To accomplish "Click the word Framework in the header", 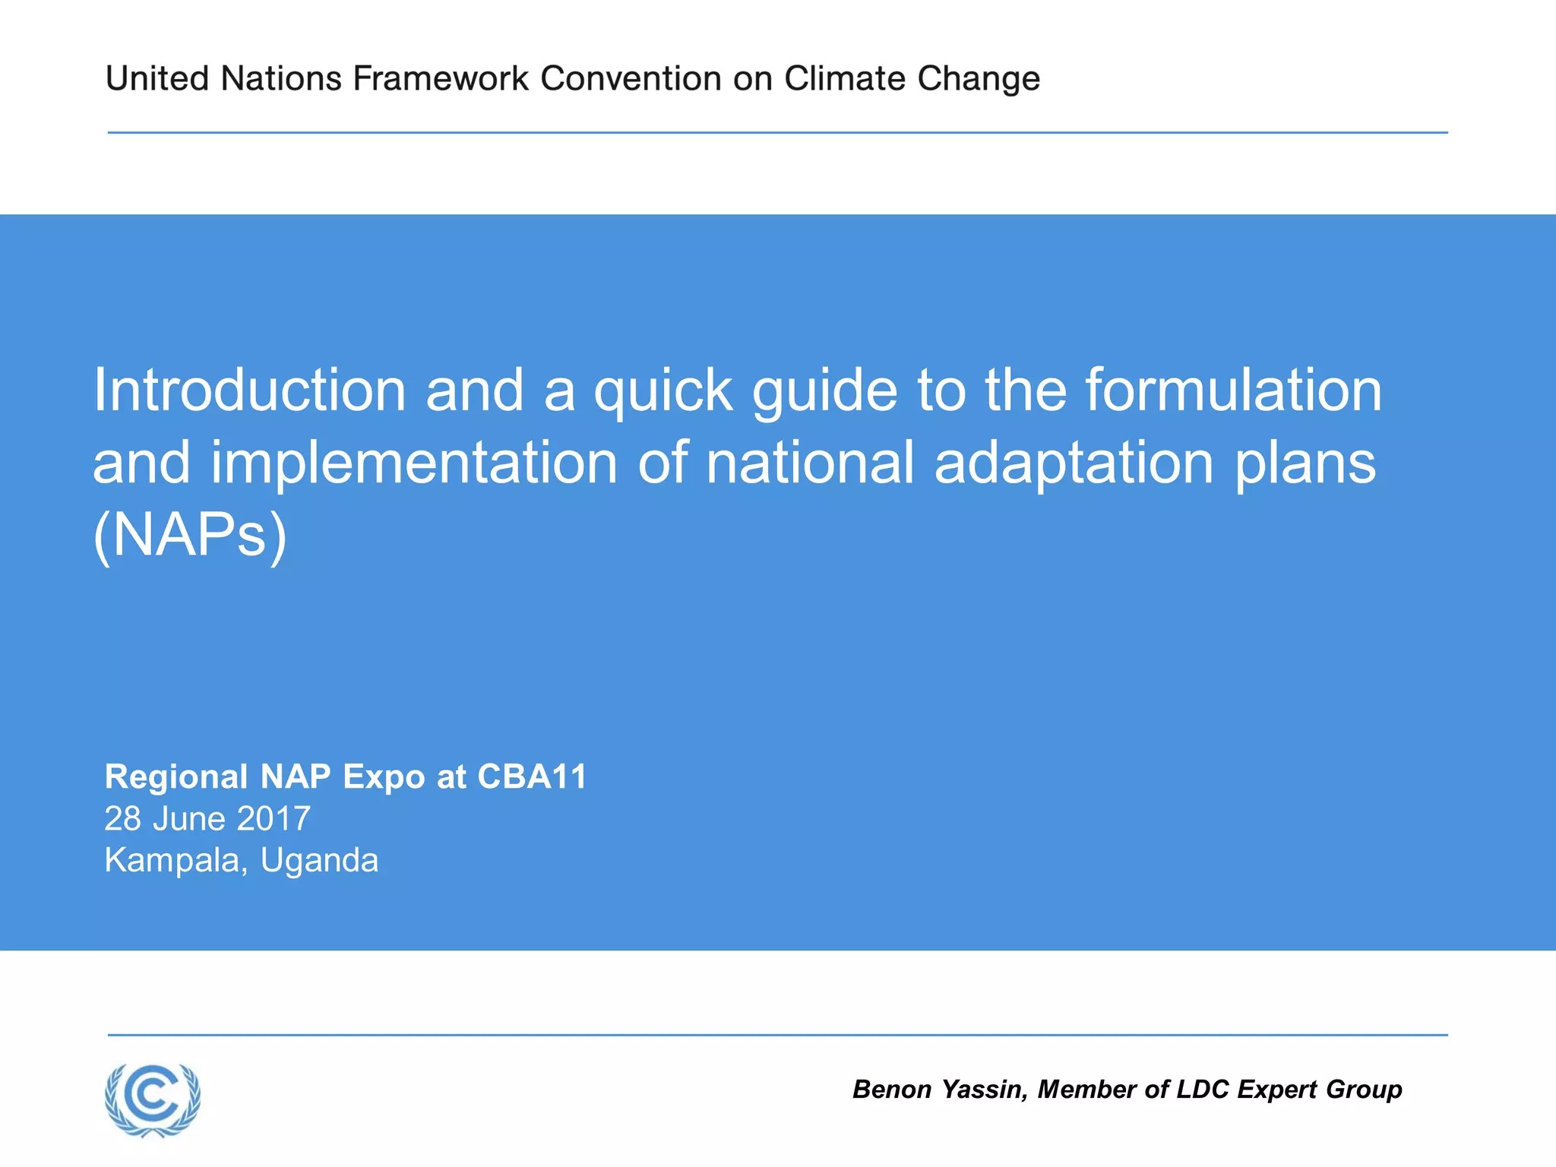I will (x=441, y=79).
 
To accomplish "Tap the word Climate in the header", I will (x=845, y=79).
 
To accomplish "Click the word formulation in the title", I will (x=1232, y=391).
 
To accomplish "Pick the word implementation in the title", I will (x=414, y=463).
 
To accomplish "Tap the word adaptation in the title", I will (x=1074, y=463).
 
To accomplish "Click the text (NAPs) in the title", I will (x=190, y=536).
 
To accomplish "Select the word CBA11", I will (x=532, y=777).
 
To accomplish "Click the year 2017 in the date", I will (x=274, y=819).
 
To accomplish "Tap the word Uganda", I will (x=319, y=861).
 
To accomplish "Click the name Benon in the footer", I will (x=892, y=1090).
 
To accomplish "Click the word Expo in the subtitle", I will (x=384, y=777).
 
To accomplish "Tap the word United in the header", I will (x=157, y=79).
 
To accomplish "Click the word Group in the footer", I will (x=1364, y=1090).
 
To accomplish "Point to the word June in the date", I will (x=189, y=819).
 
